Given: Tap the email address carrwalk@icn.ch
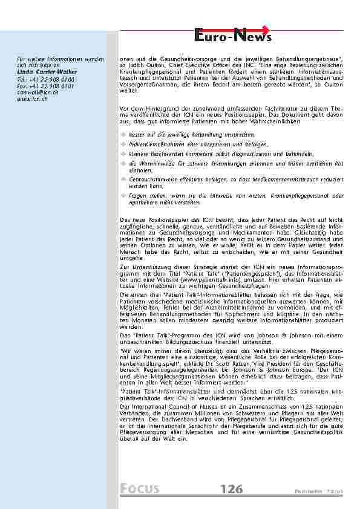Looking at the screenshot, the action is pyautogui.click(x=38, y=92).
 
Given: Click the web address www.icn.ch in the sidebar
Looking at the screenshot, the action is pyautogui.click(x=33, y=99).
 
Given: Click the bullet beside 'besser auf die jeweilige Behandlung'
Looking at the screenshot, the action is pyautogui.click(x=123, y=134).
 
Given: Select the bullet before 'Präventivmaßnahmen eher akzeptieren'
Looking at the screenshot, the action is pyautogui.click(x=123, y=144).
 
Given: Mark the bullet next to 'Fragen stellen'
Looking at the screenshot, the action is pyautogui.click(x=123, y=196).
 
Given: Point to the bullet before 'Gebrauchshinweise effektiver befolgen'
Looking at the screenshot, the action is pyautogui.click(x=123, y=180).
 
